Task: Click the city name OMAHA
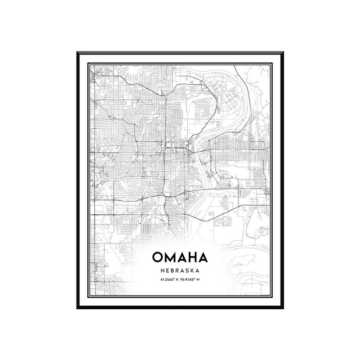tap(180, 258)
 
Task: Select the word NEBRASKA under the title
tap(180, 270)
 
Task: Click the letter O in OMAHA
tap(159, 258)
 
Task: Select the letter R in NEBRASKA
tap(178, 270)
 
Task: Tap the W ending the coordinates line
tap(198, 279)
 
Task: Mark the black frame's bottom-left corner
tap(78, 308)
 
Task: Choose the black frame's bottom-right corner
tap(282, 308)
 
